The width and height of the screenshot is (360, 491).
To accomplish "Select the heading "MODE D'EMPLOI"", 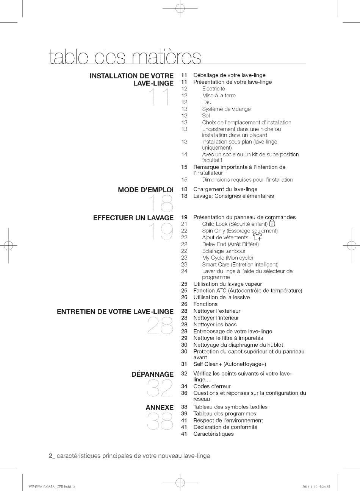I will pos(146,190).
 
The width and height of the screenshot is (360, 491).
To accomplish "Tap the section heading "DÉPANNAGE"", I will pos(152,374).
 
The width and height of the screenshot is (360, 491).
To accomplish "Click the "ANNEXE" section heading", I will pos(160,408).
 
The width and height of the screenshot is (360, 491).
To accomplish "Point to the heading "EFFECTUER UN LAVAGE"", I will pos(133,218).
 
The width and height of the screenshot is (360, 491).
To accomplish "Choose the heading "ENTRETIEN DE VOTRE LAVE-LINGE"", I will pos(115,312).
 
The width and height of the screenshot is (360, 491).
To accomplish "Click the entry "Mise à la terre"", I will pos(219,95).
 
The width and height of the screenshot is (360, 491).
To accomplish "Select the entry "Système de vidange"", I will pos(226,109).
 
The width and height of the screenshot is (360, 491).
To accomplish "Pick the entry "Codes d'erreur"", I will pos(212,387).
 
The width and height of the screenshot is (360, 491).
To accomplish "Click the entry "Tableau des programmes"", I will pos(225,414).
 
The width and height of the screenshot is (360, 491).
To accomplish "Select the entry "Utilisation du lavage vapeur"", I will pos(227,284).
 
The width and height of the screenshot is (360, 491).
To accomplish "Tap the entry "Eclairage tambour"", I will pos(224,251).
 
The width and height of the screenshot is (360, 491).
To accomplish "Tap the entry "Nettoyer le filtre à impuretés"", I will pos(228,338).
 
